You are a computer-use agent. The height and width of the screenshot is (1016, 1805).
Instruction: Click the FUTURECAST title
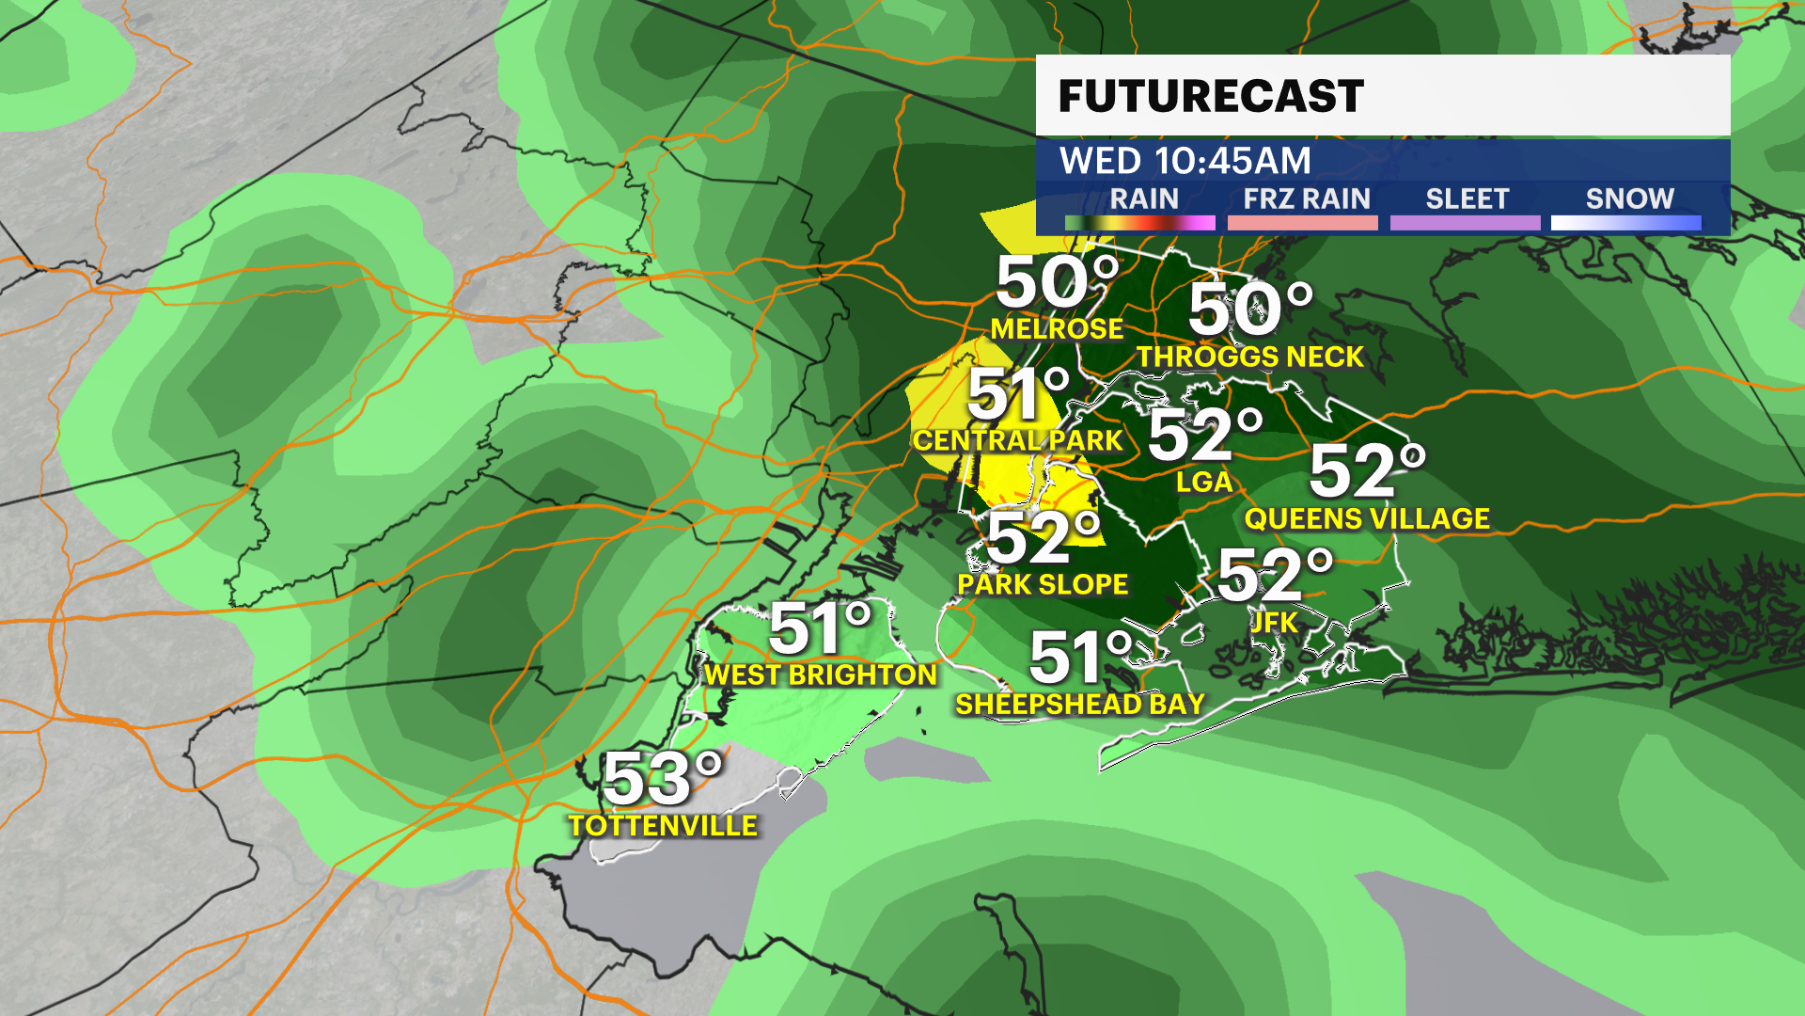1211,96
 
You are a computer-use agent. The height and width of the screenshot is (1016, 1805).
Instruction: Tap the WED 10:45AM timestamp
1185,161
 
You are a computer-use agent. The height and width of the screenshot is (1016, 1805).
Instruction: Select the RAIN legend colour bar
1139,223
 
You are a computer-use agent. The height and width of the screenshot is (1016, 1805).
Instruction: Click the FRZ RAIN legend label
1306,199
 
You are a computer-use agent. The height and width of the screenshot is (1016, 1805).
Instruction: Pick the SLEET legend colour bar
1465,223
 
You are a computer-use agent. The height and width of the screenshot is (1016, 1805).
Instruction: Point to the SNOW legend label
1629,199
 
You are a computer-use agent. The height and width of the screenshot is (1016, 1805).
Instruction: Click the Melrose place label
1057,328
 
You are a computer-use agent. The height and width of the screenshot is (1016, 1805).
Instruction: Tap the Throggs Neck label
1250,357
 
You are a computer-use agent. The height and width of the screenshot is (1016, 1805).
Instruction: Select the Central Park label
1017,440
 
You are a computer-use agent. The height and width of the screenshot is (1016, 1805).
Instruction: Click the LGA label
1204,483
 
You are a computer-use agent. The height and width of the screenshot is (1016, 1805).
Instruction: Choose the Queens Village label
1367,518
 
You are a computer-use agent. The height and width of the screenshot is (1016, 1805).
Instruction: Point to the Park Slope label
1043,584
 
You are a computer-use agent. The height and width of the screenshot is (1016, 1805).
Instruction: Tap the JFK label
1274,622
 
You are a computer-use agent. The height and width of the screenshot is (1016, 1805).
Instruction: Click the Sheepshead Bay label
1080,704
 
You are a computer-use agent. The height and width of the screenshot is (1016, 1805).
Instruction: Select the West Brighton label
821,675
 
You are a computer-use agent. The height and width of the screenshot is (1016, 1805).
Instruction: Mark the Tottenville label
663,826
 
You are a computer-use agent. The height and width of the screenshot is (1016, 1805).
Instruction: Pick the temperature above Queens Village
1367,470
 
